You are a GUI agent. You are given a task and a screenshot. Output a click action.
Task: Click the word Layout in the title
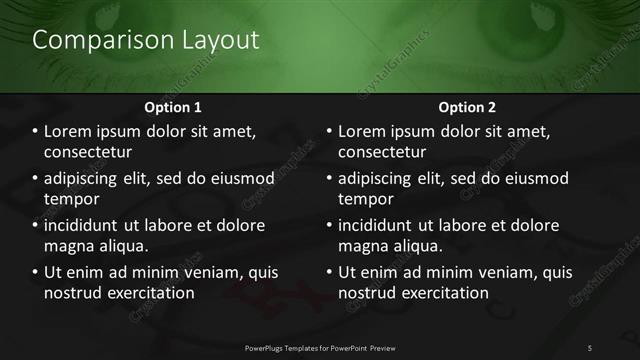click(x=216, y=40)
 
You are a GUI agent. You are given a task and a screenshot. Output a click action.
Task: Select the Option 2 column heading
click(x=466, y=106)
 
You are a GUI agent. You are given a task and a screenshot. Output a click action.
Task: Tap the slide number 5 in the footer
click(x=590, y=347)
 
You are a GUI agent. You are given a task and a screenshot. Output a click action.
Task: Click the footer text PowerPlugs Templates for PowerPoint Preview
click(x=320, y=347)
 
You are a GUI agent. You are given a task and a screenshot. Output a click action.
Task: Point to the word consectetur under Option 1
click(x=88, y=153)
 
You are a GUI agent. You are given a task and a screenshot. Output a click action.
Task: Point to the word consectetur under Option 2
click(x=382, y=153)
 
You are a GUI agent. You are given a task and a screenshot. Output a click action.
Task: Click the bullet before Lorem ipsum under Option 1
click(x=35, y=132)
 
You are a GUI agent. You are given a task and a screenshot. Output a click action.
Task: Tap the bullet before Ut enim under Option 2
click(x=329, y=272)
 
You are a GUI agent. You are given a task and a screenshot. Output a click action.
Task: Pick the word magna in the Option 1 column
click(x=68, y=246)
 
